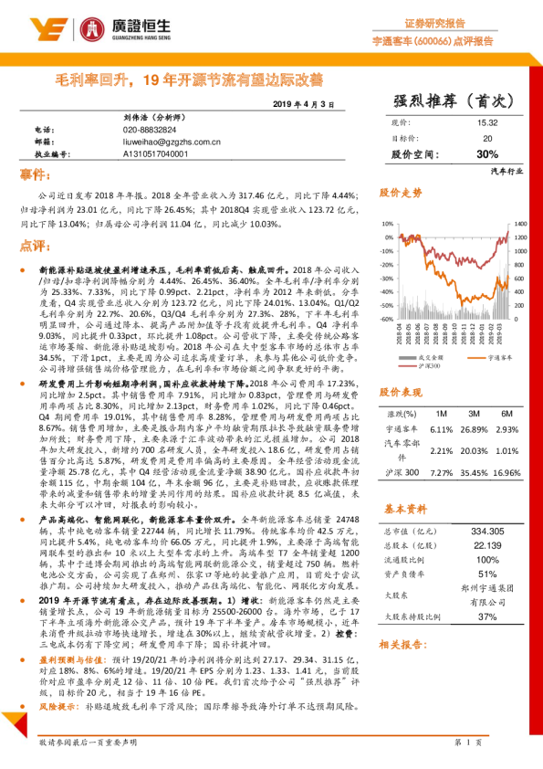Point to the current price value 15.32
[486, 122]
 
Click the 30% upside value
[486, 153]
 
